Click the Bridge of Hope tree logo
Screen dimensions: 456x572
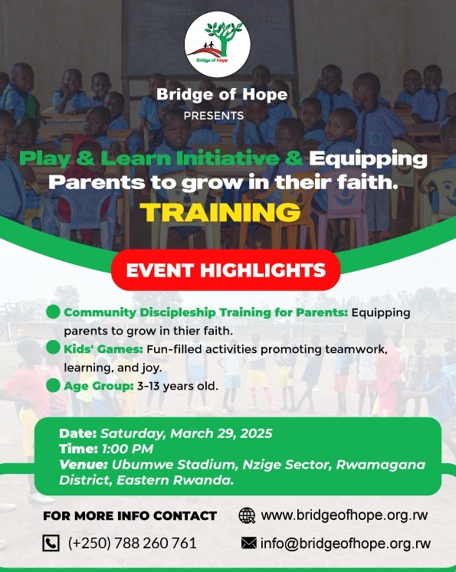[x=217, y=44]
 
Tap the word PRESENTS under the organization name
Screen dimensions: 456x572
[x=214, y=116]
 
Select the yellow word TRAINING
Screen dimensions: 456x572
[x=220, y=212]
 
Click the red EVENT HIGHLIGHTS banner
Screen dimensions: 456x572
[x=225, y=270]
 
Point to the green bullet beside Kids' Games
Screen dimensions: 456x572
[x=54, y=348]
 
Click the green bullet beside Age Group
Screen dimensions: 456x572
[x=54, y=385]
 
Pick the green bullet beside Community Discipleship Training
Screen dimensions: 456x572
[x=54, y=312]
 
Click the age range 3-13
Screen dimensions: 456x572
[x=148, y=386]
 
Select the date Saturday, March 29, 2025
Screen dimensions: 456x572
[x=186, y=433]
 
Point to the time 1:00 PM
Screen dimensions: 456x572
[x=127, y=449]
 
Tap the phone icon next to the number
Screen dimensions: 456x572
[x=51, y=543]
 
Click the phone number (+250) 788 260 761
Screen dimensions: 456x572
[x=132, y=543]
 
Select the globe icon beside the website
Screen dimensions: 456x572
[x=247, y=515]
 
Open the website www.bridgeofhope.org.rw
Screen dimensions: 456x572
[x=344, y=515]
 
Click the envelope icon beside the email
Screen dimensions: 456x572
[x=248, y=543]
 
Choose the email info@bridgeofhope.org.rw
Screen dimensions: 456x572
[x=346, y=543]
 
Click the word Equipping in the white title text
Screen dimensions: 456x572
[x=368, y=159]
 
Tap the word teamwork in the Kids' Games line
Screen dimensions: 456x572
[x=356, y=349]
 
